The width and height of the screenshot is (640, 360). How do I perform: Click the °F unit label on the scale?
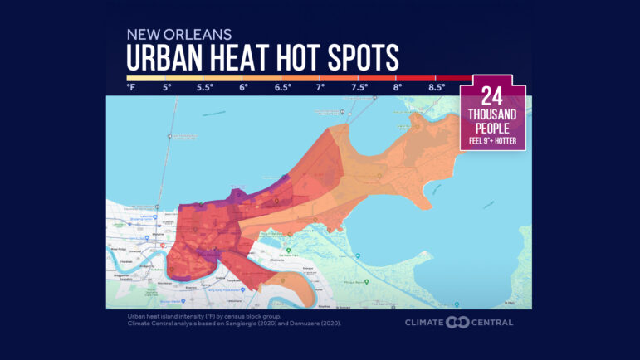(131, 86)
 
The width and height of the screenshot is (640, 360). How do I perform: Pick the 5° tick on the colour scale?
(167, 86)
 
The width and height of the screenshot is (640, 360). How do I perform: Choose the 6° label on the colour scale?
(244, 86)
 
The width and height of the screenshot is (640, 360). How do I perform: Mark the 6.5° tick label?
(283, 86)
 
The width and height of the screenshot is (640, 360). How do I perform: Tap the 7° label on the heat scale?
(320, 86)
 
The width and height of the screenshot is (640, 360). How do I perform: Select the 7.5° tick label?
(359, 86)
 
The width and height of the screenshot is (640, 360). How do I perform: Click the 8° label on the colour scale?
(398, 86)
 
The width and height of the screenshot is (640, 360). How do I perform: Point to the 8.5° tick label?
(437, 86)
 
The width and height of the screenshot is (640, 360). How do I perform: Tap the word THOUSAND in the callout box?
(494, 116)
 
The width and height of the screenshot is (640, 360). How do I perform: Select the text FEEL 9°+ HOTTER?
(494, 139)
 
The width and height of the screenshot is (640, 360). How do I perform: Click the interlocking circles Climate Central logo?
(457, 322)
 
